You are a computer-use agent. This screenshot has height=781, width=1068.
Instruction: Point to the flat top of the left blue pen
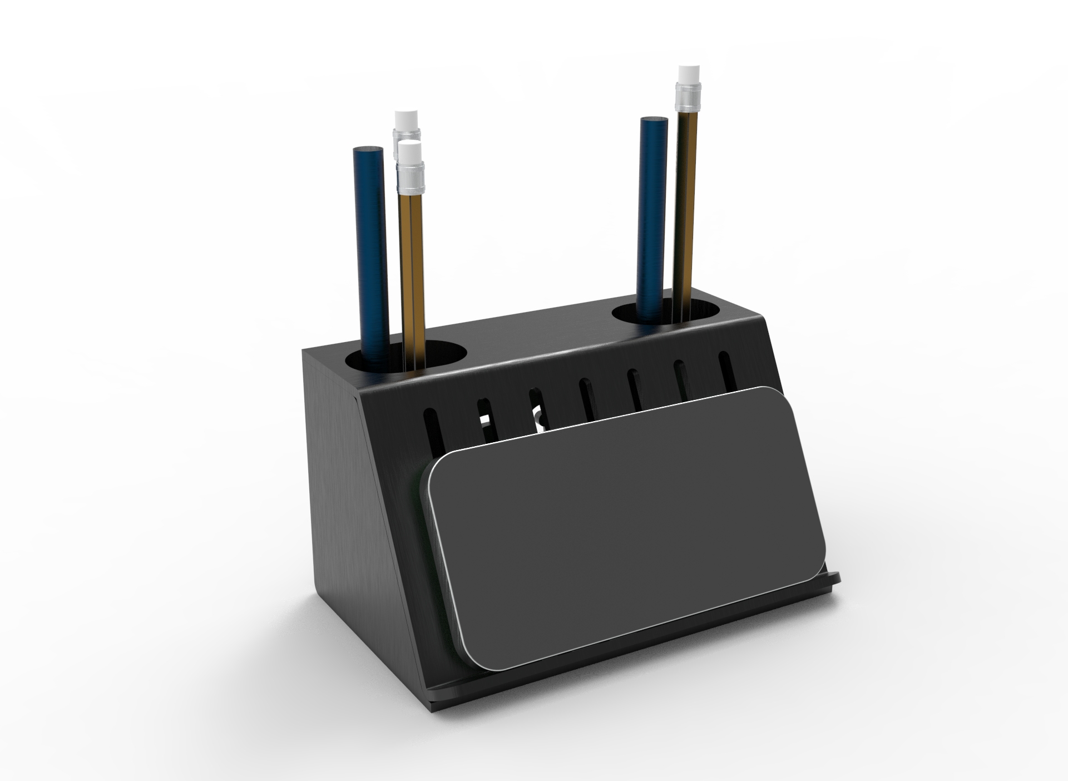(x=368, y=150)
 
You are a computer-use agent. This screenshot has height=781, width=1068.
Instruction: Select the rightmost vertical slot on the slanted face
(x=725, y=367)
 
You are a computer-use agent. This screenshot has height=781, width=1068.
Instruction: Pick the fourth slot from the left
(x=586, y=397)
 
